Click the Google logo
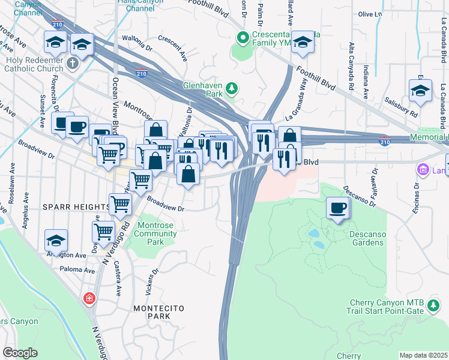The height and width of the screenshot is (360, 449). click(20, 353)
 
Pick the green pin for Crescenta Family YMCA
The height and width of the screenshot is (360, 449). click(243, 38)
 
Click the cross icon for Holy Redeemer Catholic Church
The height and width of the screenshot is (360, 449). click(73, 62)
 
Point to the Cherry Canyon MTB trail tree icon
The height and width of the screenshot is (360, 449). click(433, 308)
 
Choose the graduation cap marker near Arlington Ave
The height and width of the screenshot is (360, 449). click(56, 241)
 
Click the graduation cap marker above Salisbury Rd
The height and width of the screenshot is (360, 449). click(420, 91)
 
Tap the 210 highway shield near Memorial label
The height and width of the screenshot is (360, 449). click(384, 141)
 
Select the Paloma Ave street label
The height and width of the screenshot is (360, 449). click(77, 271)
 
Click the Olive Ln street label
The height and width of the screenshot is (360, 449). click(370, 14)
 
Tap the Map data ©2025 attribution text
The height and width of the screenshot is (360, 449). click(423, 355)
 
